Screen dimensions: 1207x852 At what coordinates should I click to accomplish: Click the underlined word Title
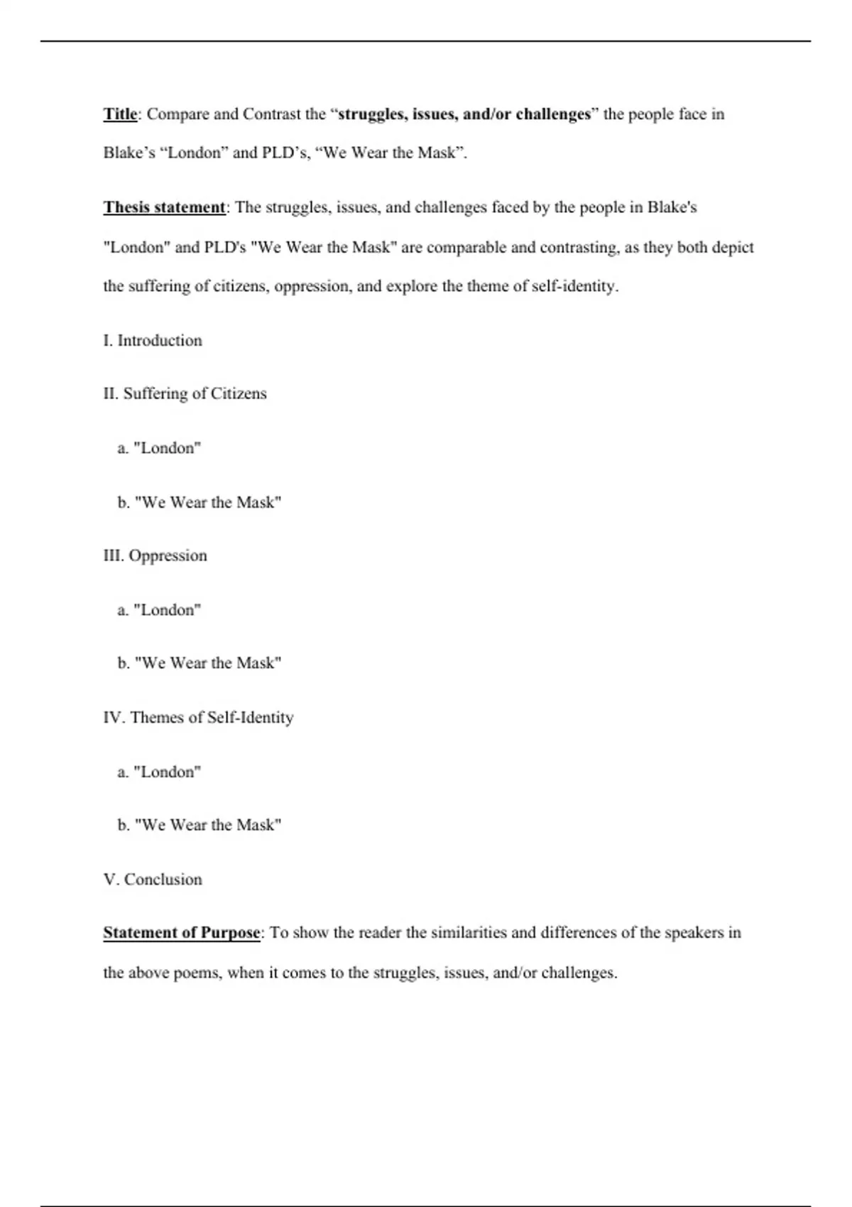pyautogui.click(x=120, y=114)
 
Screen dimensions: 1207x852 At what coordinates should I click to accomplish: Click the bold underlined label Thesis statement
pyautogui.click(x=164, y=207)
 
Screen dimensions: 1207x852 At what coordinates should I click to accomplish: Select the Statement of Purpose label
pyautogui.click(x=182, y=932)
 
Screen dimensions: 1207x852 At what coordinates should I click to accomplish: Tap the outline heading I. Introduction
pyautogui.click(x=153, y=340)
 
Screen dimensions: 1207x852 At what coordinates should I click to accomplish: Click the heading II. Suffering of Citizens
pyautogui.click(x=185, y=393)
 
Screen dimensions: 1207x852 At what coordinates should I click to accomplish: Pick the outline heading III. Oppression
pyautogui.click(x=155, y=555)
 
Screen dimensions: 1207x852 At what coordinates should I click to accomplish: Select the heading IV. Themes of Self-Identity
pyautogui.click(x=198, y=717)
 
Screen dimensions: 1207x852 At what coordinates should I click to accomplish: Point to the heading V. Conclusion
pyautogui.click(x=153, y=879)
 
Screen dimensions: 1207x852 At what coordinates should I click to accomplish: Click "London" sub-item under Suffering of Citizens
pyautogui.click(x=160, y=448)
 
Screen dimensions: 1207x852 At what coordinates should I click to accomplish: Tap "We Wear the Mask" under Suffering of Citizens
pyautogui.click(x=200, y=502)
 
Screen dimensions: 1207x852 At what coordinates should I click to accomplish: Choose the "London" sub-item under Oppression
pyautogui.click(x=160, y=610)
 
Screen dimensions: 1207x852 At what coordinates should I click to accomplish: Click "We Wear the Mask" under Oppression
pyautogui.click(x=200, y=662)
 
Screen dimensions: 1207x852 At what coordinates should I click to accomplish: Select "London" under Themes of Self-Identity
pyautogui.click(x=160, y=772)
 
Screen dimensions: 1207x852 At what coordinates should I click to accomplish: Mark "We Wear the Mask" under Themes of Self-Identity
pyautogui.click(x=200, y=824)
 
